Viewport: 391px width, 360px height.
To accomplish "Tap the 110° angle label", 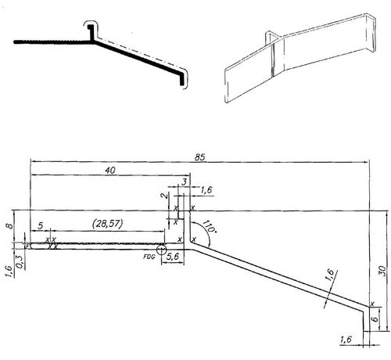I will [x=208, y=228].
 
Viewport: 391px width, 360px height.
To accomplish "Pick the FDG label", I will [x=148, y=255].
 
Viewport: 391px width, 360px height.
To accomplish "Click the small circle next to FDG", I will [x=162, y=250].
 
